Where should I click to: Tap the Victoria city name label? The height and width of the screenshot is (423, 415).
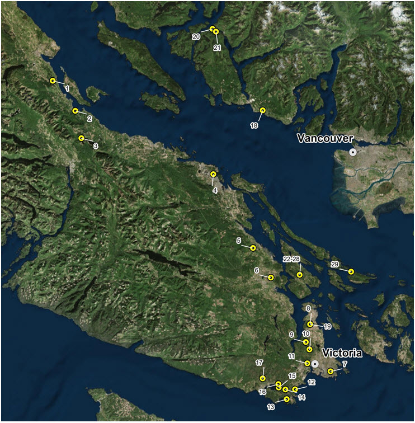point(342,353)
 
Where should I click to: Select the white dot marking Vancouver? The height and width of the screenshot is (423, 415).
point(352,152)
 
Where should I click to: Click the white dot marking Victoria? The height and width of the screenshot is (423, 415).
point(315,363)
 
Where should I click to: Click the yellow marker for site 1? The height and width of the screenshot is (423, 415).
point(53,81)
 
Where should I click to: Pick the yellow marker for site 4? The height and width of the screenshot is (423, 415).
point(213,175)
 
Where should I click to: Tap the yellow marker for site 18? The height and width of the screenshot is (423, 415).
point(262,110)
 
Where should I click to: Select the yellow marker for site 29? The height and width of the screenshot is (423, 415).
point(351,271)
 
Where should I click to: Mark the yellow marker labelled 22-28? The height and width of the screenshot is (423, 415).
point(300,275)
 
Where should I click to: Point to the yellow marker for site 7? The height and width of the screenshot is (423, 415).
point(331,371)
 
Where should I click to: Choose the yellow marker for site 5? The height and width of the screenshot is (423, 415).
point(253,247)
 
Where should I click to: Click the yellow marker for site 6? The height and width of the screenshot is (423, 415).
point(271,277)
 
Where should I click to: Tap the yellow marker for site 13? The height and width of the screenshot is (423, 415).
point(286,399)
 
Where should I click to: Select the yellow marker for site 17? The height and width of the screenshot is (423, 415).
point(262,379)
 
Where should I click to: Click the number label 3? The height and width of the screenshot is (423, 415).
point(96,146)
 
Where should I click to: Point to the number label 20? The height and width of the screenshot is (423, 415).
point(196,36)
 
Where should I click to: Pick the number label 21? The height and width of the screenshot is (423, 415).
point(217,48)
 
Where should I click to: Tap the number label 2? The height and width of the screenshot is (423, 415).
point(89,119)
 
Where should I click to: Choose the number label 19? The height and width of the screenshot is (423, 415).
point(328,326)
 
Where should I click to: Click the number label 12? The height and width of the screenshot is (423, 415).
point(312,382)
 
